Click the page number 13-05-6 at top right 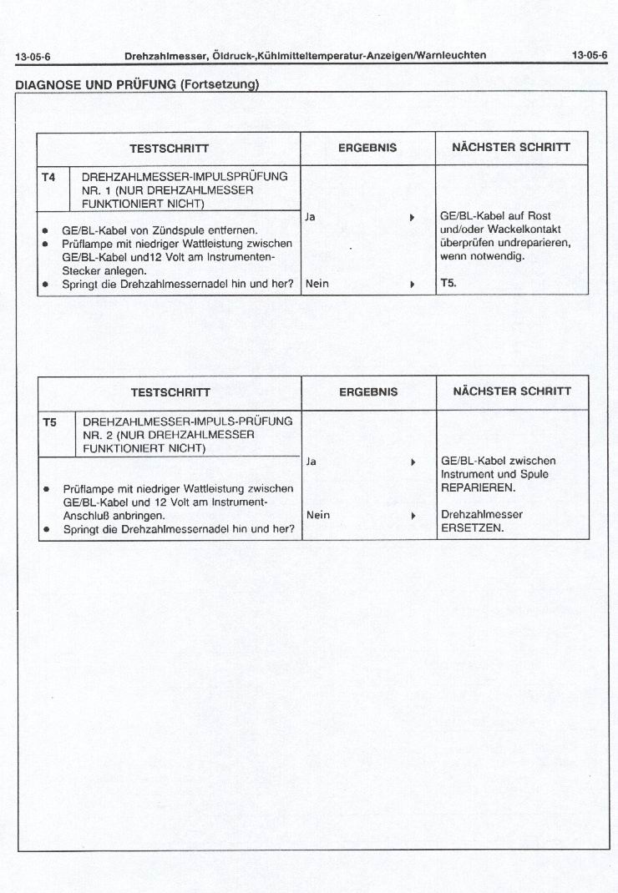click(590, 56)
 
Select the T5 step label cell click(49, 422)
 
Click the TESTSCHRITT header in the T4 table click(169, 149)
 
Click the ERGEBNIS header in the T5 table click(368, 391)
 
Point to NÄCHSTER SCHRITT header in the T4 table click(511, 148)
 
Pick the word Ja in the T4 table click(311, 217)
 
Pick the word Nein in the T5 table click(318, 515)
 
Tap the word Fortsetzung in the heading click(219, 85)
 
